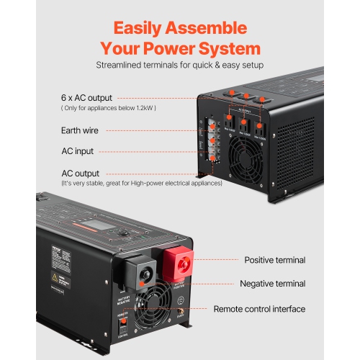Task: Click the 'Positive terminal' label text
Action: coord(274,260)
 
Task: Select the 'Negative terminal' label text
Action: coord(272,284)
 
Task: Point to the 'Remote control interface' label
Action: coord(259,309)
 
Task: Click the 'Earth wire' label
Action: coord(80,131)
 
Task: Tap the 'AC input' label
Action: coord(77,152)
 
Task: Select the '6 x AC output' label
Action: coord(85,97)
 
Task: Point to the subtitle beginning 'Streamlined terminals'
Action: coord(180,65)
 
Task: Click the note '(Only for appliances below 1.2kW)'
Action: coord(109,108)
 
